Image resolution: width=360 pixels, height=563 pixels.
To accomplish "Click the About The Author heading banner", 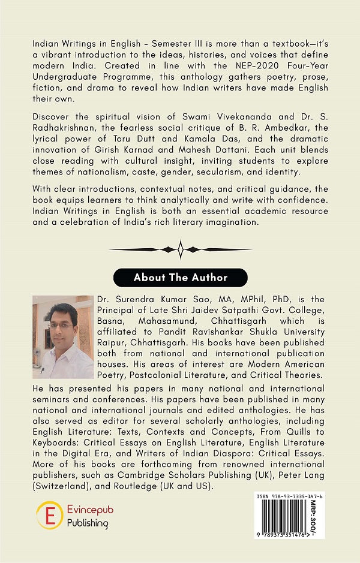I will (180, 278).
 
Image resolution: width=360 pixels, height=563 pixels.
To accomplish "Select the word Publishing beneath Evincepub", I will (88, 523).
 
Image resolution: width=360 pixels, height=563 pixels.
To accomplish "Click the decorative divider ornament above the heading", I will (180, 249).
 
